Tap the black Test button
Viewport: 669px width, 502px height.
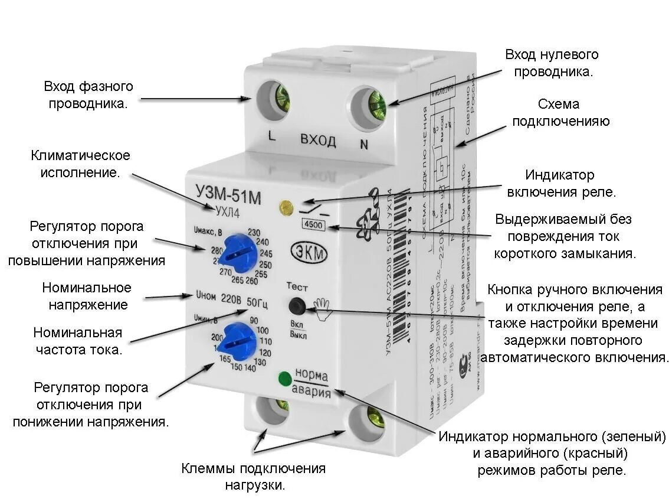297,306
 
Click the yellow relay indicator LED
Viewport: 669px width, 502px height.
287,207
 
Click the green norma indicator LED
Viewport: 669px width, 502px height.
284,378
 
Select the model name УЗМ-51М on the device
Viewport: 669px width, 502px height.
228,194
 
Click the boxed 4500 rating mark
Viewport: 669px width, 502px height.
313,224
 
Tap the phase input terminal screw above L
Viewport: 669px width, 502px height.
281,97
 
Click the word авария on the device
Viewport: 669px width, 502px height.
311,392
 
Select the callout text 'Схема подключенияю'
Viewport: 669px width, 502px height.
560,113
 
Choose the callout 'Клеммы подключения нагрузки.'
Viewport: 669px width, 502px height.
254,477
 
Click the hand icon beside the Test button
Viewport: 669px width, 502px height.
323,308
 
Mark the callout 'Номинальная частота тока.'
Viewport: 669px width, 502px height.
78,340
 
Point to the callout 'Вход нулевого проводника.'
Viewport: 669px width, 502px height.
552,63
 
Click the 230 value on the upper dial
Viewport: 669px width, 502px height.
255,232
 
